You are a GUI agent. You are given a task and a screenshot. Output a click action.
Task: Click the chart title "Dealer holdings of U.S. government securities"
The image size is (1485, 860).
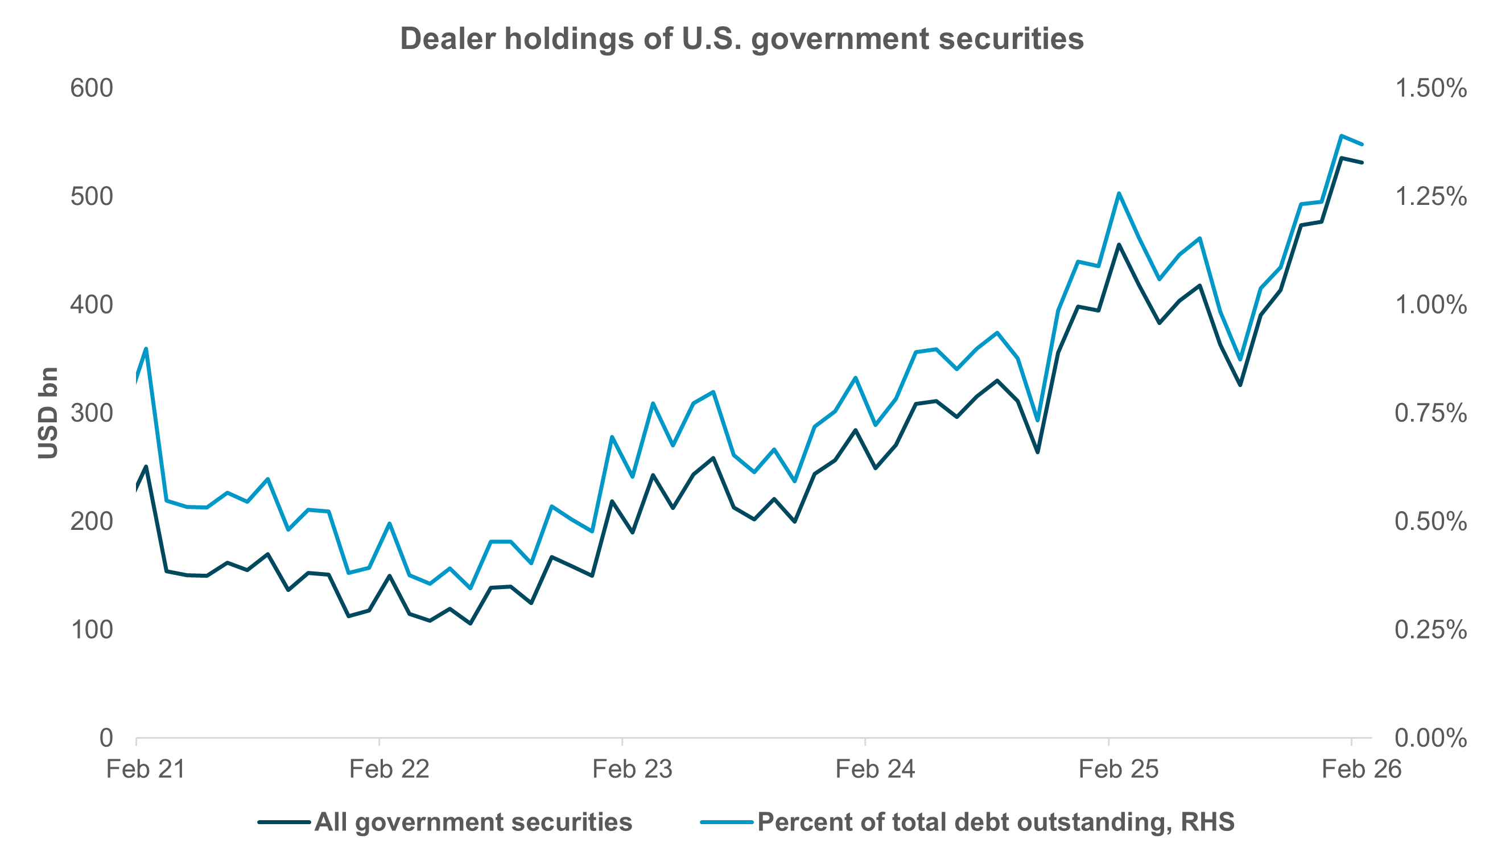pos(741,39)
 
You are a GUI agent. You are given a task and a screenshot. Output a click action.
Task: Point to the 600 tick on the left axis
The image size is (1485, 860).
pos(92,88)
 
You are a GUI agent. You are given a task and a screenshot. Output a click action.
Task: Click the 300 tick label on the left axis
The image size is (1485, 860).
pos(92,413)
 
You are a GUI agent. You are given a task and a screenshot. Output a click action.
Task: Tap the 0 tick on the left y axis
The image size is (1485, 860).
pos(106,738)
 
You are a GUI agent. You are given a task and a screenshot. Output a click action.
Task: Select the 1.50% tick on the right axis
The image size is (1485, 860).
pos(1430,88)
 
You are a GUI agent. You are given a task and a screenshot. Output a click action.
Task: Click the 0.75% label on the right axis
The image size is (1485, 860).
pos(1430,413)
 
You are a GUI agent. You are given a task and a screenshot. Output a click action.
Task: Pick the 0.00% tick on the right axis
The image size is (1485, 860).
pos(1430,738)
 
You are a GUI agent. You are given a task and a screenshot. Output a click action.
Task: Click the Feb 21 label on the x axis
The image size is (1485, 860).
pos(146,770)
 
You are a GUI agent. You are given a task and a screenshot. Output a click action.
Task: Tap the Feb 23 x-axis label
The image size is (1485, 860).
pos(632,770)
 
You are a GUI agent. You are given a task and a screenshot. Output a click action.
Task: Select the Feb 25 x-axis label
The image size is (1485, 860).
pos(1118,770)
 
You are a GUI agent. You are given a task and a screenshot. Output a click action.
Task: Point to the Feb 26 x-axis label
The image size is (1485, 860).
pos(1361,770)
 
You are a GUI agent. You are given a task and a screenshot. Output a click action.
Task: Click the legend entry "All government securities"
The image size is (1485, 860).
pos(473,822)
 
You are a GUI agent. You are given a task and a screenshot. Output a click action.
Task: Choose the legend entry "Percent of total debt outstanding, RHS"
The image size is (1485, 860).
pos(995,822)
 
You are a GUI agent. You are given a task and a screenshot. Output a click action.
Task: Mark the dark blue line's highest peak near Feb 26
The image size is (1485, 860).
pos(1341,158)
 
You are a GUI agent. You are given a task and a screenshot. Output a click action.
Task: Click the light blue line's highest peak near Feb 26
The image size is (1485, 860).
pos(1340,135)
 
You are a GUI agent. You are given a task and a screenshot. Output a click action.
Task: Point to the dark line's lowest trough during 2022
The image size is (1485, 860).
pos(470,624)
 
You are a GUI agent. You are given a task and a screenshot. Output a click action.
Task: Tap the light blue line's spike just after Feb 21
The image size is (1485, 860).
pos(146,348)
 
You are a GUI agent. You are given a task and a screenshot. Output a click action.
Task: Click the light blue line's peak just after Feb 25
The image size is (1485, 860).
pos(1119,194)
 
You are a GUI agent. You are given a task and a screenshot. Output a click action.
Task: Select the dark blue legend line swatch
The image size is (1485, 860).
pos(284,822)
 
